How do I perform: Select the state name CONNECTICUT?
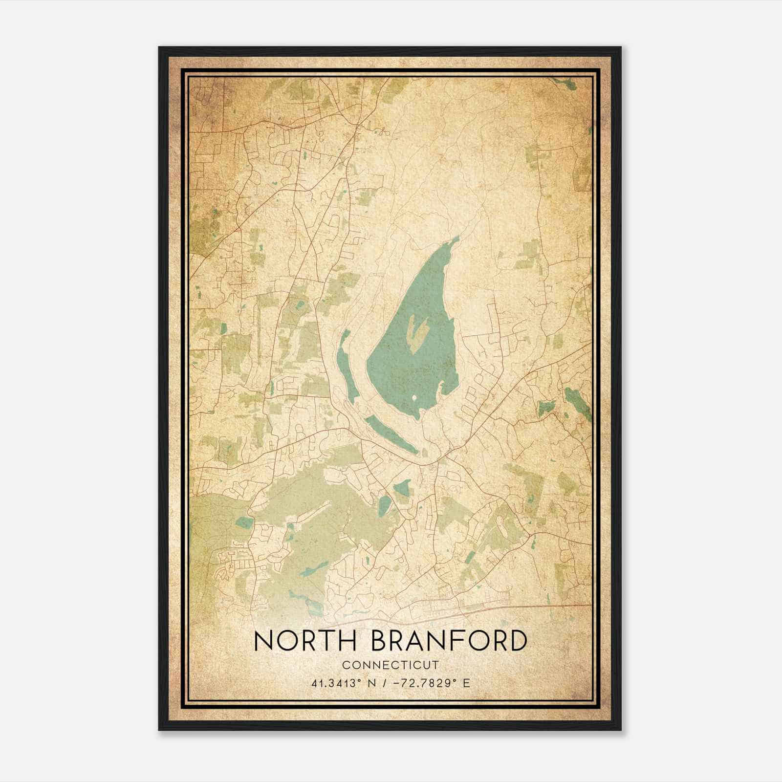(391, 665)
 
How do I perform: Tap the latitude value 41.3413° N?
(342, 683)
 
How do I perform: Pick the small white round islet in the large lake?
(415, 398)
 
